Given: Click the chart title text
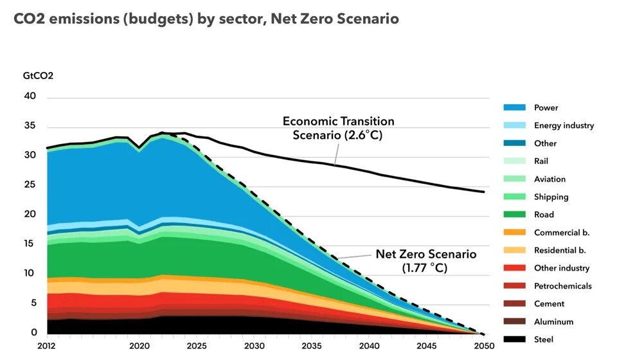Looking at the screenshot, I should (206, 19).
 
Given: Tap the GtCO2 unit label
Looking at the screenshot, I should (39, 75).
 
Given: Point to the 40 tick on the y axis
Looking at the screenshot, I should (31, 96).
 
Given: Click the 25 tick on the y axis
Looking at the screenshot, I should (31, 185).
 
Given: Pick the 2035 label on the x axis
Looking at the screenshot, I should (312, 345).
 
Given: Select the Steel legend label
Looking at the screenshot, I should (544, 339).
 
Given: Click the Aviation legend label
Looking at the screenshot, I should (550, 179).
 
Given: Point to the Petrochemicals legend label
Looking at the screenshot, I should (562, 286).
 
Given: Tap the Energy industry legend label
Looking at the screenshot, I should (564, 126).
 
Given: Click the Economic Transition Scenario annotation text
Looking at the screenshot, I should (339, 128).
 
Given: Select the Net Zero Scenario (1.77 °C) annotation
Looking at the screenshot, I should (426, 260).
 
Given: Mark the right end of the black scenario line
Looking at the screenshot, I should (483, 192).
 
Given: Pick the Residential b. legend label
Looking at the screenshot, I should (560, 251).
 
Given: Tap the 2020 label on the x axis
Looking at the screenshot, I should (139, 345).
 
